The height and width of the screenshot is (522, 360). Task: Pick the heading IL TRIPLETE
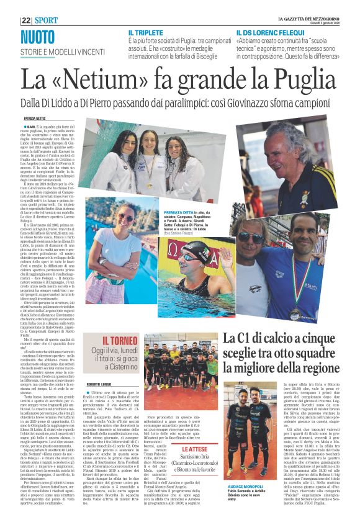(146, 32)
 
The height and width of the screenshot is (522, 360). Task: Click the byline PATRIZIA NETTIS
(37, 117)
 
